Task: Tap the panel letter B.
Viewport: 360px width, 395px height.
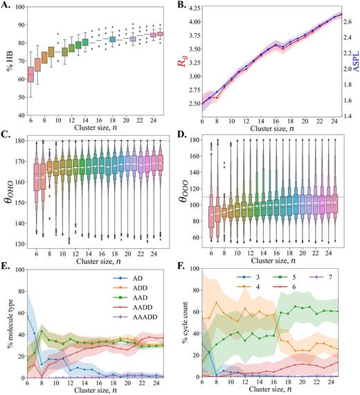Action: click(185, 6)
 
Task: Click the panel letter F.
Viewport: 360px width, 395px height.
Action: click(185, 265)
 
